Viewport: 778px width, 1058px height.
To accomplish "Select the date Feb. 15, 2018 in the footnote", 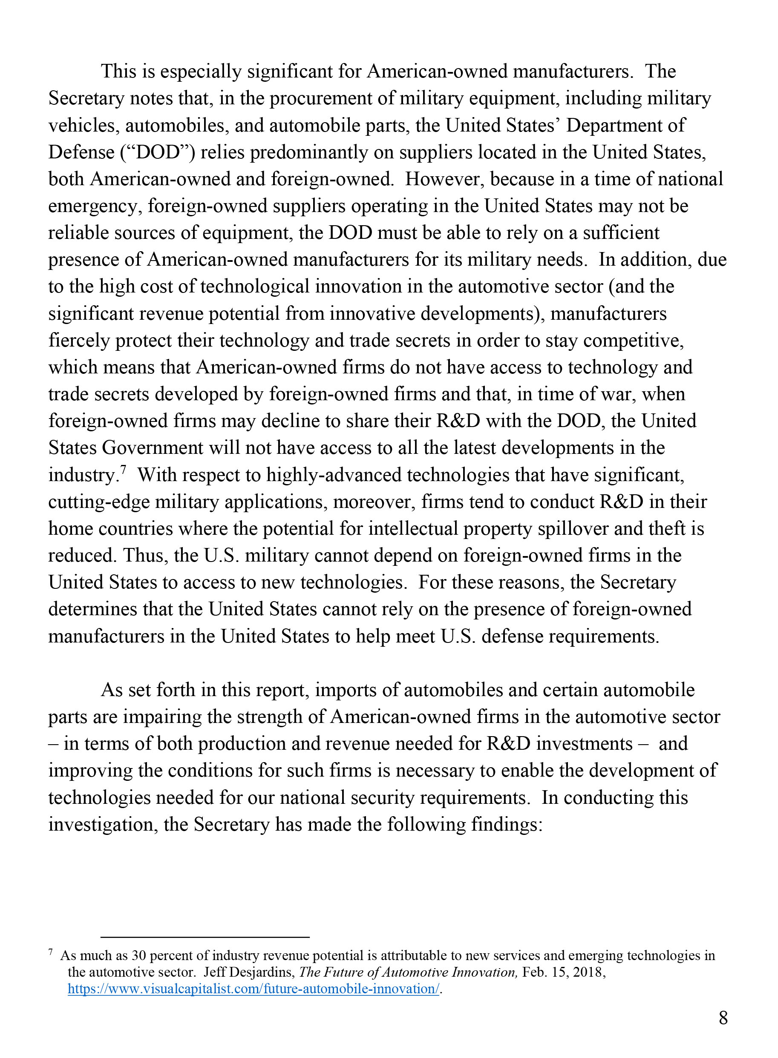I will tap(563, 972).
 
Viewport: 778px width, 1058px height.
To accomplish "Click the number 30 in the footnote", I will tap(139, 955).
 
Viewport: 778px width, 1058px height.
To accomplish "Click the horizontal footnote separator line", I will tap(205, 938).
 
